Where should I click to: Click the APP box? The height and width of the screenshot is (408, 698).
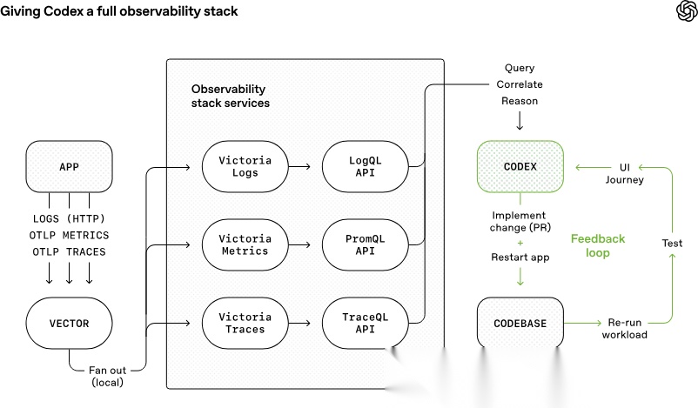69,167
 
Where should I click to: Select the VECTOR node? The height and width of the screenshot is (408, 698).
69,324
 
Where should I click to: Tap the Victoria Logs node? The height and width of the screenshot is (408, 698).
245,166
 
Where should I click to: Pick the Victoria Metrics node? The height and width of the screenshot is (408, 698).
245,244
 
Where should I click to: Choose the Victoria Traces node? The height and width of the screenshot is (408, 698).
245,324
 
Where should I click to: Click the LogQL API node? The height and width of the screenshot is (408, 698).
365,166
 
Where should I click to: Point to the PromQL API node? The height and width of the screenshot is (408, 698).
365,244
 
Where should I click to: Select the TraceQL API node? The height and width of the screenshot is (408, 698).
365,324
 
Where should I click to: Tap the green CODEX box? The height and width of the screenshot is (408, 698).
520,166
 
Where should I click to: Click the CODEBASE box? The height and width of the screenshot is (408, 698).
520,324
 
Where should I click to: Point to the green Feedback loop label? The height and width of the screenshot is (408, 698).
597,245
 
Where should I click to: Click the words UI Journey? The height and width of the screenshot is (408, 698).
624,173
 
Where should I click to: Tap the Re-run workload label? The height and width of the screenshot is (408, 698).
624,328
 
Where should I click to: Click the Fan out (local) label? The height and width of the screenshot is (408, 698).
110,376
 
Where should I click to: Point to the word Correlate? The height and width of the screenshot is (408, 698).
519,84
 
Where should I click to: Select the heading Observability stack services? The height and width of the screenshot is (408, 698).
230,96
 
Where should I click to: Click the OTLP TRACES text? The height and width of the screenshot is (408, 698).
69,251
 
